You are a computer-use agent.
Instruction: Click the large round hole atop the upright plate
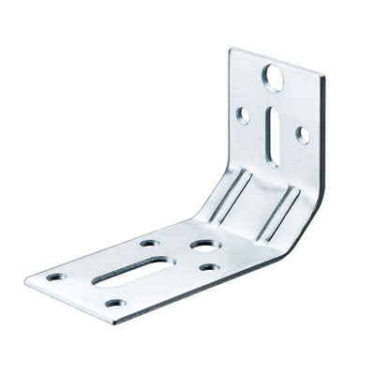274,77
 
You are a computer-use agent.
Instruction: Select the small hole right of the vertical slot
302,134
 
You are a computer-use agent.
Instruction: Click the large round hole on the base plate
204,247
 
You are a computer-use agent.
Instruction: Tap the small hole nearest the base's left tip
55,277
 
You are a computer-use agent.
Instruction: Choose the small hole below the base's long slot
114,303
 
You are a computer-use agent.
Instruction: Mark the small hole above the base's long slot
150,244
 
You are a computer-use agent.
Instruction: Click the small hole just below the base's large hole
210,267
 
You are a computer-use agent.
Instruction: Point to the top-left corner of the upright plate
232,51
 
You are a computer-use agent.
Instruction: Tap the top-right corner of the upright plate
322,77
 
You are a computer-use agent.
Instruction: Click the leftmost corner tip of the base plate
26,278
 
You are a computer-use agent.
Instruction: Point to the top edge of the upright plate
277,62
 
